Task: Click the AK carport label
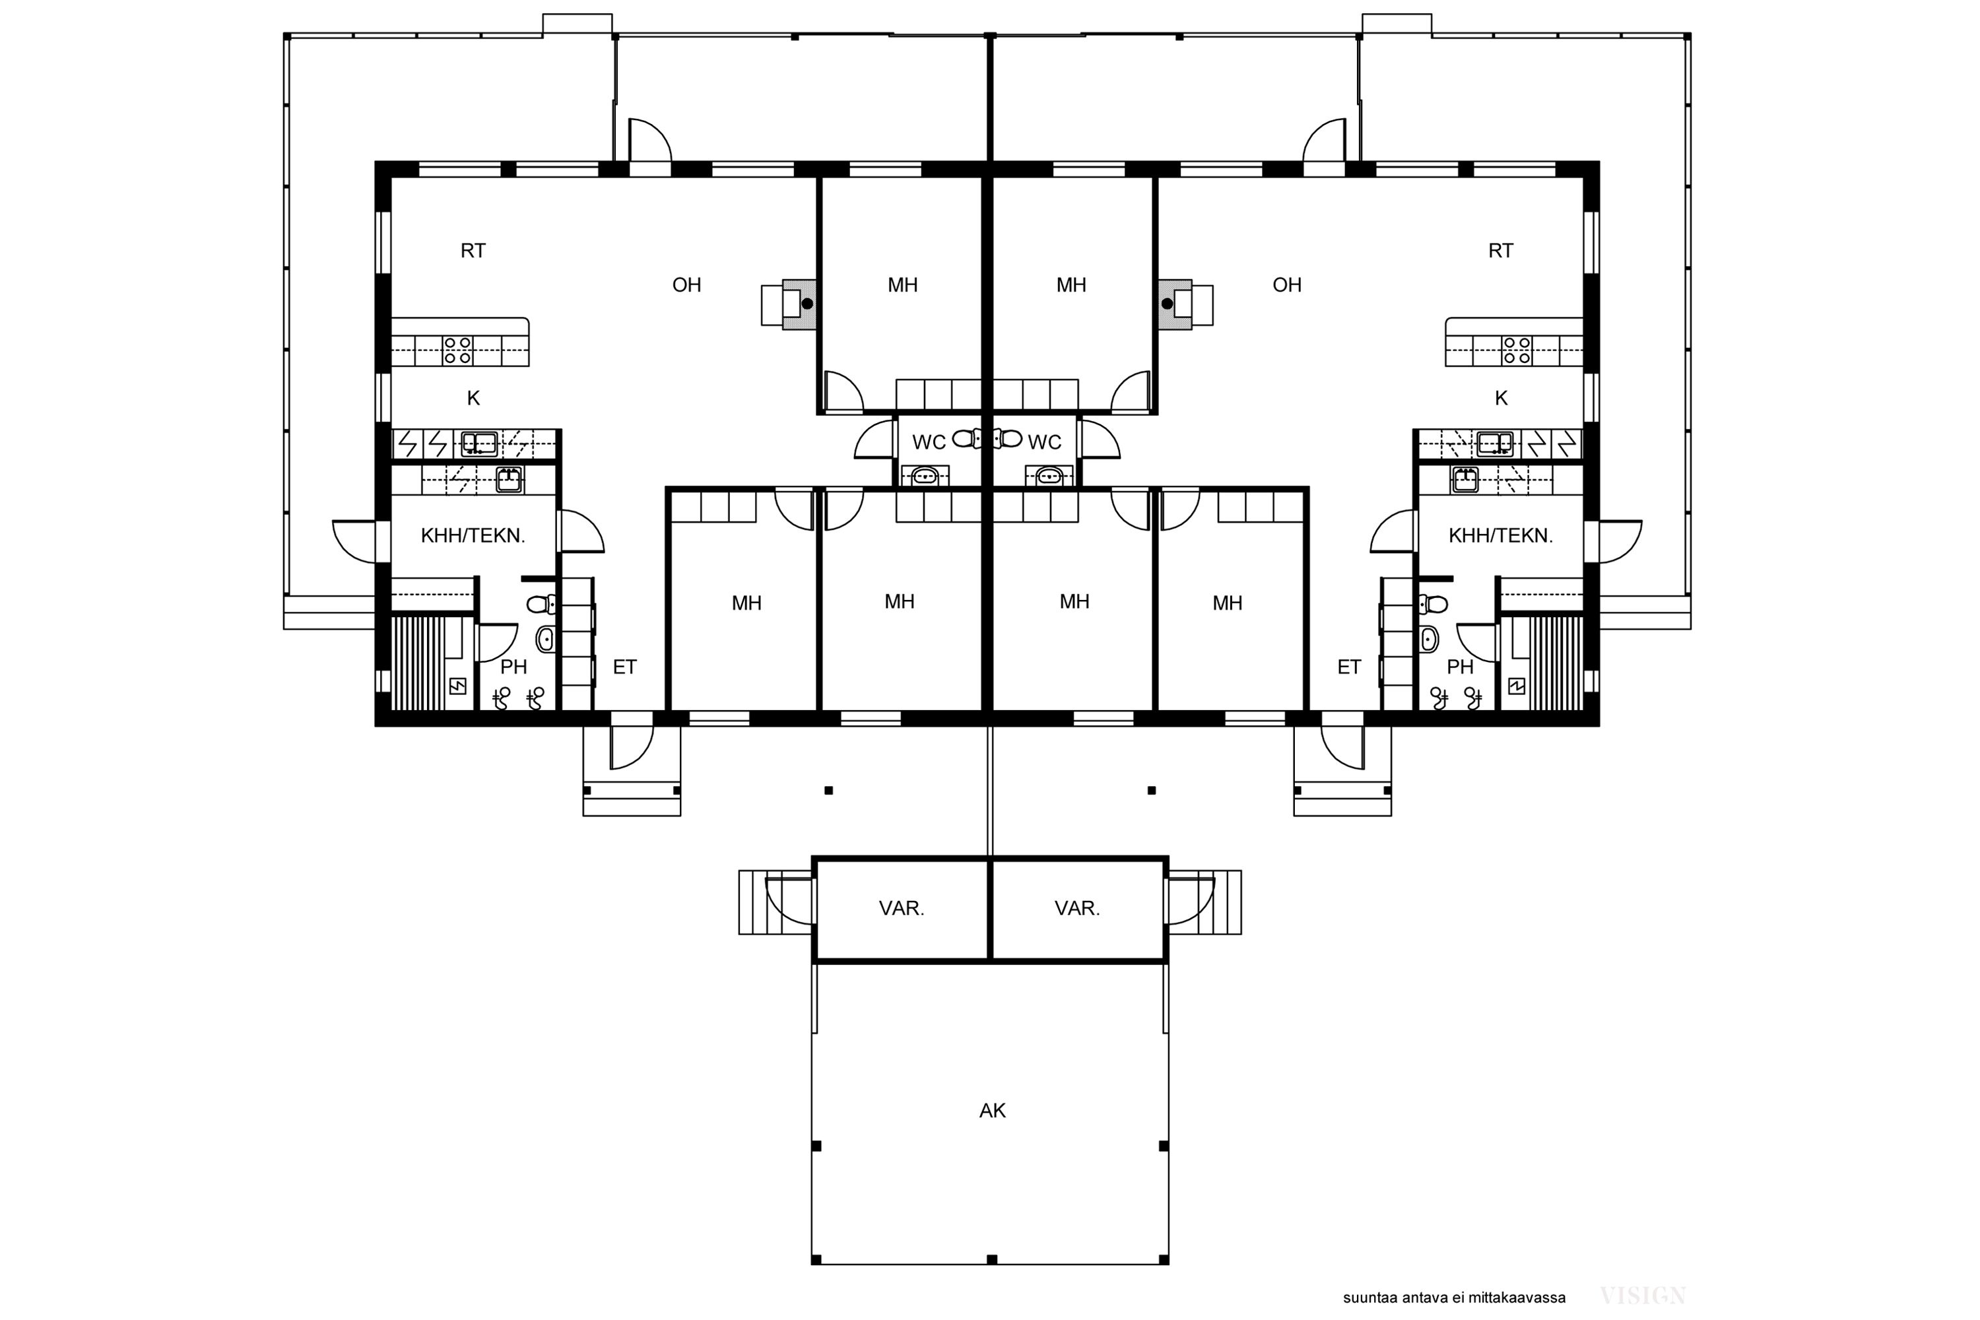[x=993, y=1110]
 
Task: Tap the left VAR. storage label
[x=902, y=908]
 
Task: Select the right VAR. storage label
[x=1078, y=908]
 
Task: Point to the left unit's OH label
[x=687, y=285]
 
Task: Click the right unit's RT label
[x=1501, y=251]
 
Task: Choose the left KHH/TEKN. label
[x=473, y=535]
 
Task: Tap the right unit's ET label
[x=1350, y=667]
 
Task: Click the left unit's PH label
[x=513, y=667]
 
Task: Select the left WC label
[x=929, y=443]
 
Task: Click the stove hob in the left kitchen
[x=458, y=350]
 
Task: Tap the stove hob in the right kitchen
[x=1517, y=350]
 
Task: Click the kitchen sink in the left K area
[x=479, y=443]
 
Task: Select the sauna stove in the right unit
[x=1516, y=686]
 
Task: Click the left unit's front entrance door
[x=632, y=740]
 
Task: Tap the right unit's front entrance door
[x=1342, y=740]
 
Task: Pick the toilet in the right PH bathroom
[x=1433, y=604]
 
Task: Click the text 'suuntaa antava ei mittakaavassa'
[x=1454, y=1298]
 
